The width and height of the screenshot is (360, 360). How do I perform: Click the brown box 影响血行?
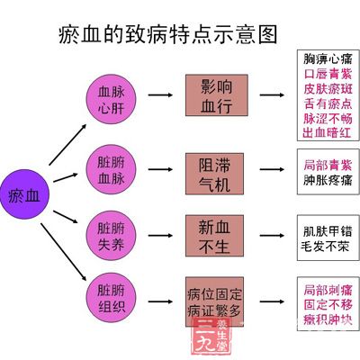pos(215,94)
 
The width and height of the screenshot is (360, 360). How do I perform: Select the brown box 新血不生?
pos(215,231)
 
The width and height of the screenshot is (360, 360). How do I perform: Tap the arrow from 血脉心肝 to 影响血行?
pos(161,94)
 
